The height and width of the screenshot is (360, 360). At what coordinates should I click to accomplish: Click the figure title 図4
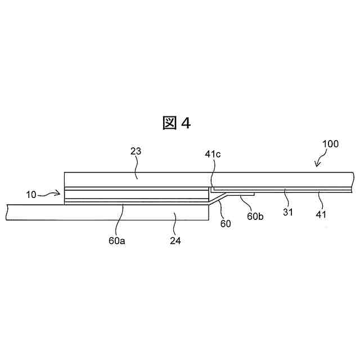[177, 123]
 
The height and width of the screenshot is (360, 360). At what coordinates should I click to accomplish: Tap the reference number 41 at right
[321, 214]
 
